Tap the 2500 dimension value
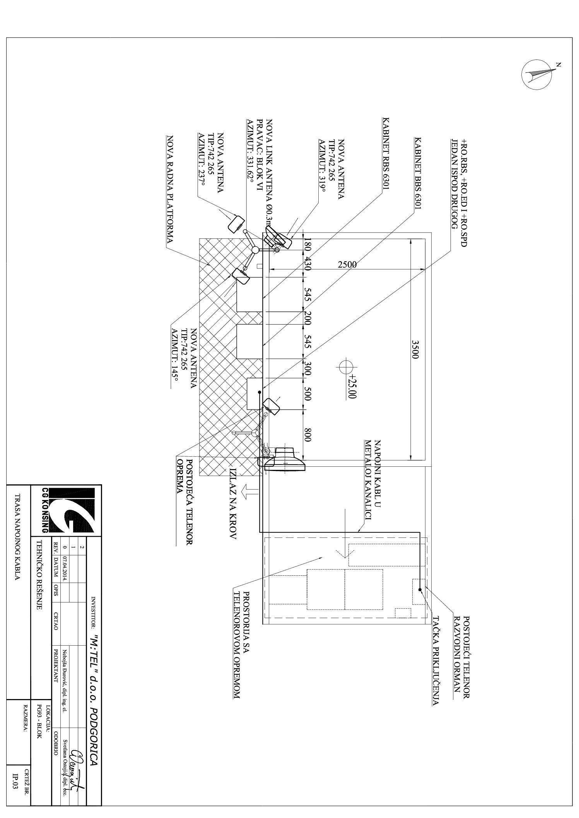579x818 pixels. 347,265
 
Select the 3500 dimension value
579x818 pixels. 415,350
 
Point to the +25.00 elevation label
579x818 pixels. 352,386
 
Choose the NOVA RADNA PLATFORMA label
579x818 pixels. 169,189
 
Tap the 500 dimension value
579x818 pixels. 308,395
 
